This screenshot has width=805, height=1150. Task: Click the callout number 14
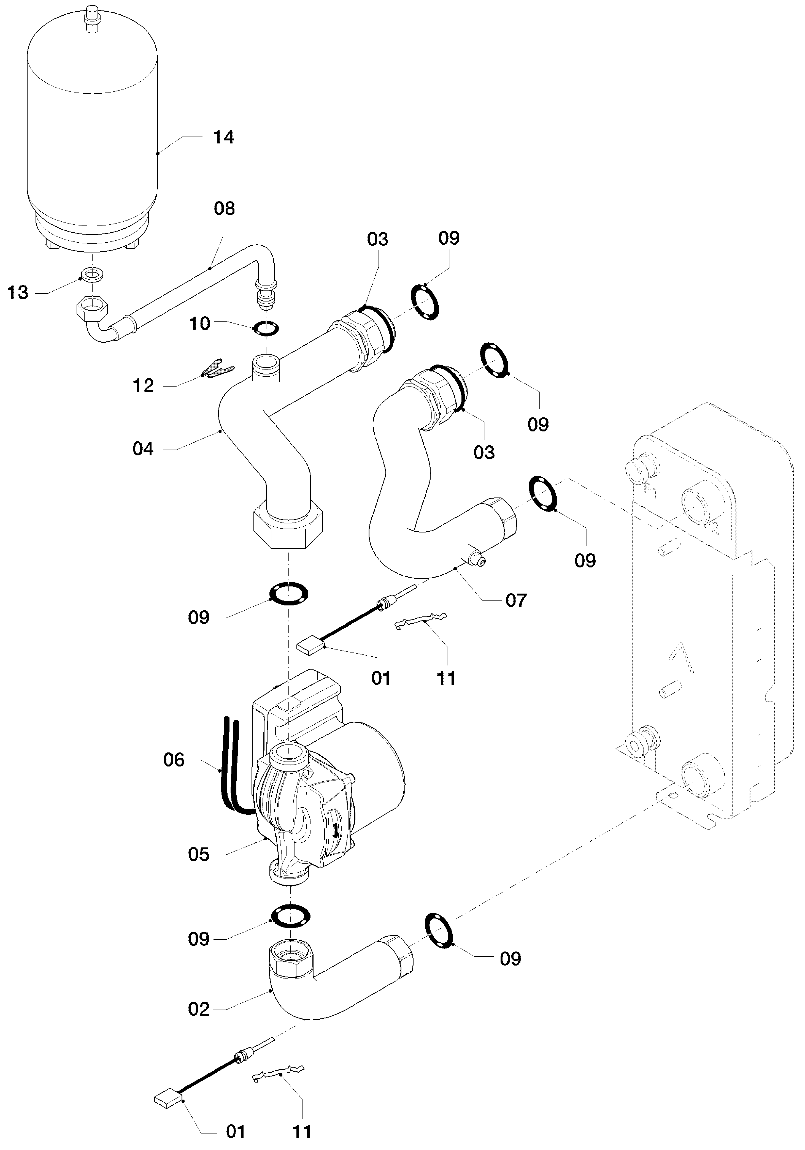pos(223,137)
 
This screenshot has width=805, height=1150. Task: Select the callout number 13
pos(18,292)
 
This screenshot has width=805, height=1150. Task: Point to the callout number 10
pos(199,323)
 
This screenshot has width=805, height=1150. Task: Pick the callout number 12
pos(143,386)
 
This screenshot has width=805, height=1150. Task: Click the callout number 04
pos(143,449)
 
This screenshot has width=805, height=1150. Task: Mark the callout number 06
pos(174,760)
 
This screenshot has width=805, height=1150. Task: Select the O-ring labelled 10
pos(266,328)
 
